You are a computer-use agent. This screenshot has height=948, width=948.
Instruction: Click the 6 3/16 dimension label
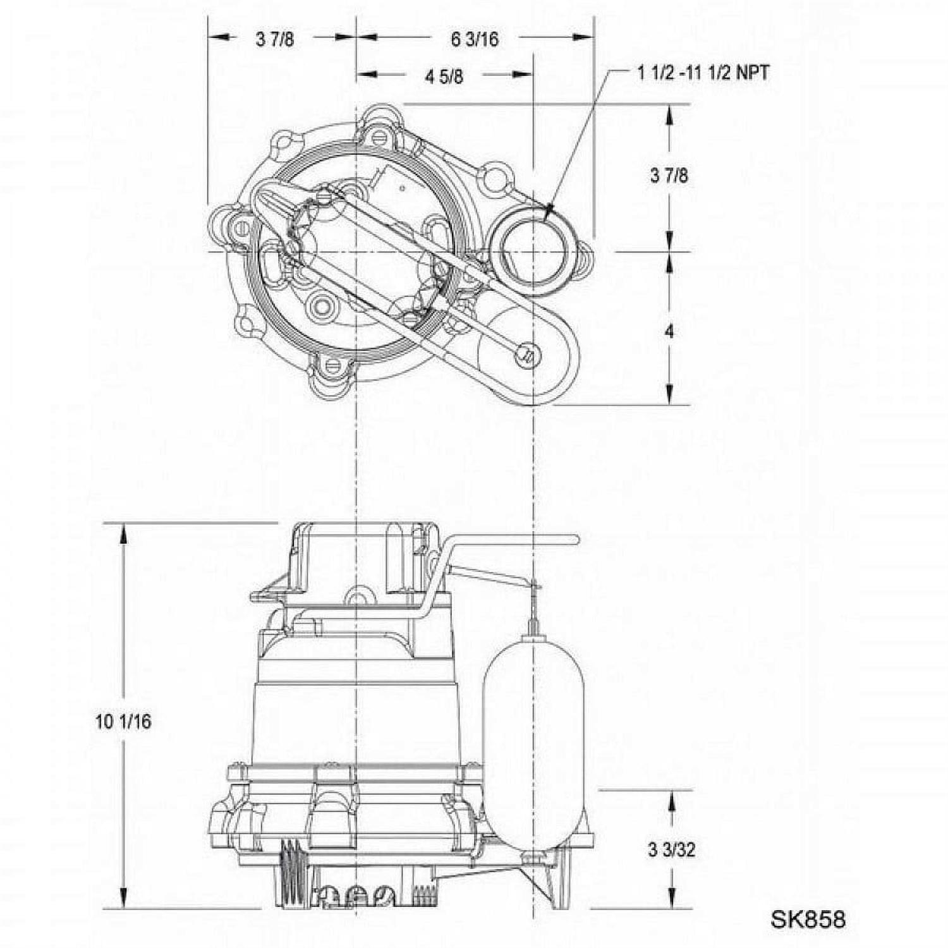(x=474, y=39)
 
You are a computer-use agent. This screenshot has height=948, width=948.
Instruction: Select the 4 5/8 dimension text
(x=444, y=76)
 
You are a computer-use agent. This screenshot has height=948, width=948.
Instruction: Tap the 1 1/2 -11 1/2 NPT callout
(x=703, y=73)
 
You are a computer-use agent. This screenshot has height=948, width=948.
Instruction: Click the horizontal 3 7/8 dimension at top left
(x=275, y=39)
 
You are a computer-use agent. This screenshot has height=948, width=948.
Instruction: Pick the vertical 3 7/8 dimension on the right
(x=669, y=175)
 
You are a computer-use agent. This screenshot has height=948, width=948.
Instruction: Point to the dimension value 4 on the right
(x=669, y=331)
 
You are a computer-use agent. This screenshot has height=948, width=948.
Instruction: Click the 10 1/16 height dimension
(x=123, y=721)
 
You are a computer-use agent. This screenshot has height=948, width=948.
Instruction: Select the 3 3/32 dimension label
(x=671, y=849)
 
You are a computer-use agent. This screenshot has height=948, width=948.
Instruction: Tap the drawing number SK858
(x=807, y=919)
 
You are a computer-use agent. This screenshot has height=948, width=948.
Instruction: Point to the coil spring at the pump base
(x=291, y=875)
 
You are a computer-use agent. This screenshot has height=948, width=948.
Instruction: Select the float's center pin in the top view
(x=526, y=355)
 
